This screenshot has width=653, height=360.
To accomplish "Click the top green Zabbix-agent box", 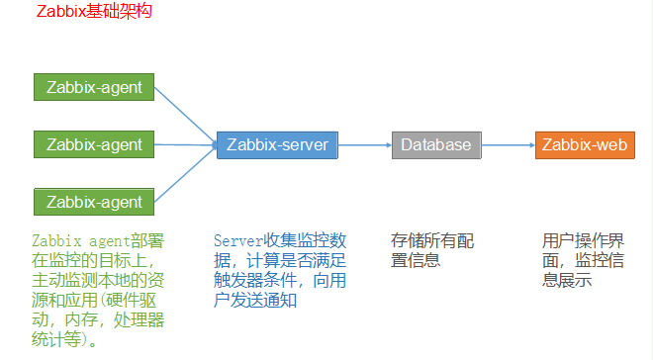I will (x=94, y=87).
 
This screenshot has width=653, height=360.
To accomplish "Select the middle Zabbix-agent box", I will (x=94, y=144).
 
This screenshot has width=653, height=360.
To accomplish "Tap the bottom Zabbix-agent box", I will (x=94, y=202).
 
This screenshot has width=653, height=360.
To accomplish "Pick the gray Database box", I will (x=436, y=144).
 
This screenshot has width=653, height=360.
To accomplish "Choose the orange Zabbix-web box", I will (x=584, y=144).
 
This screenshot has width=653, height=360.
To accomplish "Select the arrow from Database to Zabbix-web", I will (x=508, y=144).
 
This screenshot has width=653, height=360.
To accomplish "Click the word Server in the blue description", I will (x=237, y=240).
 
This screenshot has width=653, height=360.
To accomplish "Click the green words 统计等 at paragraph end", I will (x=59, y=341).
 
